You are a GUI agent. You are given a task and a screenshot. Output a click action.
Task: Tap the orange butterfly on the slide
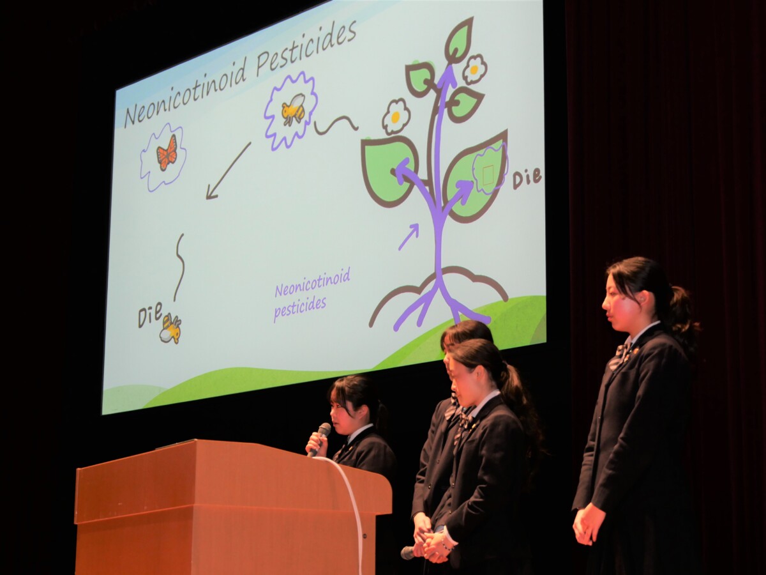[x=167, y=153]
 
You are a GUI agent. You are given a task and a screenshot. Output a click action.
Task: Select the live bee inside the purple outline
[x=293, y=108]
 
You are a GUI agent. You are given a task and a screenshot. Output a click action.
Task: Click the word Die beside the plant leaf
[x=527, y=178]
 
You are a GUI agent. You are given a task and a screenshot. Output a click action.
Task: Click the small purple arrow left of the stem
[x=409, y=237]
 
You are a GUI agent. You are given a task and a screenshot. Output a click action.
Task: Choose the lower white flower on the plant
[x=395, y=117]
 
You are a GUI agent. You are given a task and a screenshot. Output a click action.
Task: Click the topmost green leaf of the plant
[x=460, y=38]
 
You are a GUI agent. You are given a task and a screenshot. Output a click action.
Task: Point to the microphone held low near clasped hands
[x=409, y=552]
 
